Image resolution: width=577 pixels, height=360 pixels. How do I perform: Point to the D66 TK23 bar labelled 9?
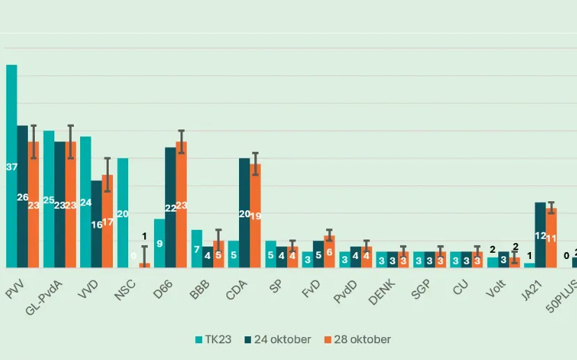tap(160, 243)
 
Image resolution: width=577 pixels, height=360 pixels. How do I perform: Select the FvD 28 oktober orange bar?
tap(330, 251)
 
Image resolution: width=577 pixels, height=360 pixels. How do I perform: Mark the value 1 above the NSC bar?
tap(144, 237)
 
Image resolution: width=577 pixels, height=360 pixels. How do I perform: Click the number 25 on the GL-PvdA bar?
tap(49, 201)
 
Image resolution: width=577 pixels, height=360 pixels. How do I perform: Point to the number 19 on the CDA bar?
tap(256, 216)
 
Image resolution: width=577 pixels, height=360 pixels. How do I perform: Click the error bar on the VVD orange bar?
tap(107, 174)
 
